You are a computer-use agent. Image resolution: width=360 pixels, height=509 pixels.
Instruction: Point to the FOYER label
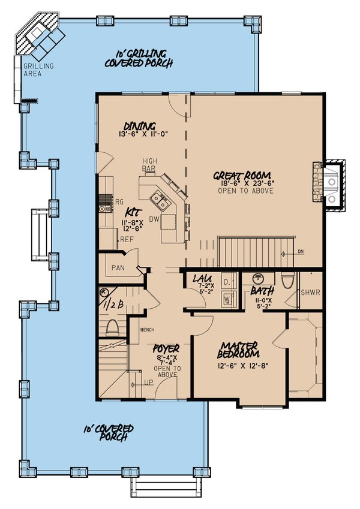point(166,348)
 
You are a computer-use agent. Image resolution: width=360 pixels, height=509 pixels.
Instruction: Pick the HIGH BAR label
point(149,165)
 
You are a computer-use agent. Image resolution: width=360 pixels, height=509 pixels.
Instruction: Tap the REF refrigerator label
point(126,239)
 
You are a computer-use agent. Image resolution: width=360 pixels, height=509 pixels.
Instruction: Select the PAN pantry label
point(118,267)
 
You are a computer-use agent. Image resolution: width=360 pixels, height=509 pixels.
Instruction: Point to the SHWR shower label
point(310,293)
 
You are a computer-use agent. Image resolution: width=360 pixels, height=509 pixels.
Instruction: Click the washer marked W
point(227,297)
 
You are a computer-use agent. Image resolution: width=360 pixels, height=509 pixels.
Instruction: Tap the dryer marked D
point(227,281)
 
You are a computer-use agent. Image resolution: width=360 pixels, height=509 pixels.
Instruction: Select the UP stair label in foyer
point(148,381)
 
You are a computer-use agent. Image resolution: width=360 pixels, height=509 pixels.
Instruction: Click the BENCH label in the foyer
point(148,330)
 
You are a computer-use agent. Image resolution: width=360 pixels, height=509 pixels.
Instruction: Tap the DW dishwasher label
point(154,219)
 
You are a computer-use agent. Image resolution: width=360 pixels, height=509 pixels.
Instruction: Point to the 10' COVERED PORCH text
point(108,433)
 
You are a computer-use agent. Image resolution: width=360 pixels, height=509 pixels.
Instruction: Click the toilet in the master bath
point(287,281)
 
